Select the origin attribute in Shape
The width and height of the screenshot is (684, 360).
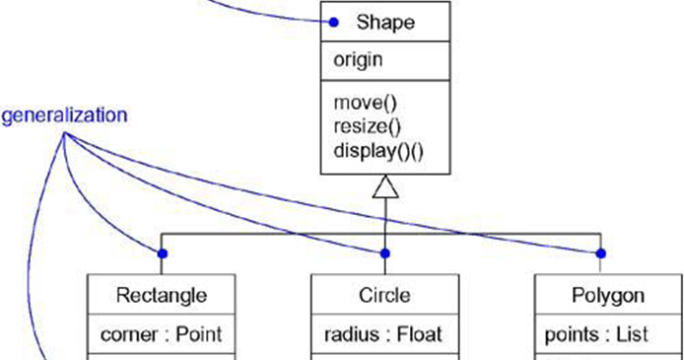357,59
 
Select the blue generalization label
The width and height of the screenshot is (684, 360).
64,114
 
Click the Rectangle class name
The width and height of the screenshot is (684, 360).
162,295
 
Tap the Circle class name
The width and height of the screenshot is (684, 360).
384,295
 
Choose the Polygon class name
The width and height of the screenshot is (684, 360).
608,295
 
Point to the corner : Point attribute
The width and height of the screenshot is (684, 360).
162,334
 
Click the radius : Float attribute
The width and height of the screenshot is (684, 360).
382,334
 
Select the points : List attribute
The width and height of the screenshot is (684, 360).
596,334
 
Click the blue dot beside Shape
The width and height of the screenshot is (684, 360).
334,22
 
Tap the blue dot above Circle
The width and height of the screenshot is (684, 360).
385,253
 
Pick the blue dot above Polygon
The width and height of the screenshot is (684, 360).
600,253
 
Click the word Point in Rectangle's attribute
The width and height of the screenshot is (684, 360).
199,334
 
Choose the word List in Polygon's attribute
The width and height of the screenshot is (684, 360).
632,334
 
